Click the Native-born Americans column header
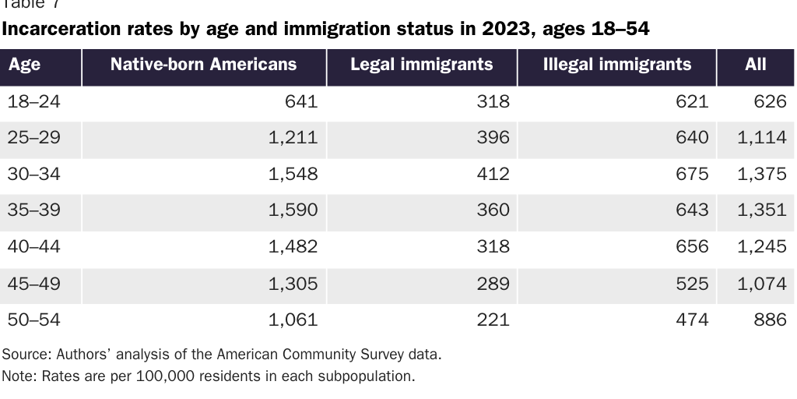tap(203, 65)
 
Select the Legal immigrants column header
tap(421, 65)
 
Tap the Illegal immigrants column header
tap(616, 65)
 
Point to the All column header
tap(755, 65)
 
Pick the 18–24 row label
tap(33, 101)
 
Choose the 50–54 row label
tap(33, 319)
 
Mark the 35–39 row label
tap(33, 210)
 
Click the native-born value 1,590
tap(293, 210)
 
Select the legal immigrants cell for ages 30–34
tap(493, 174)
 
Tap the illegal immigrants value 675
tap(692, 174)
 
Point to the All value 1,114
tap(761, 138)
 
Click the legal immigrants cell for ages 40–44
tap(493, 246)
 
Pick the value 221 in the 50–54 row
tap(493, 319)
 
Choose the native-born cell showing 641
tap(301, 101)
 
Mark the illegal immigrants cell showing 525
tap(692, 283)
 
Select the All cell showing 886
tap(770, 319)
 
